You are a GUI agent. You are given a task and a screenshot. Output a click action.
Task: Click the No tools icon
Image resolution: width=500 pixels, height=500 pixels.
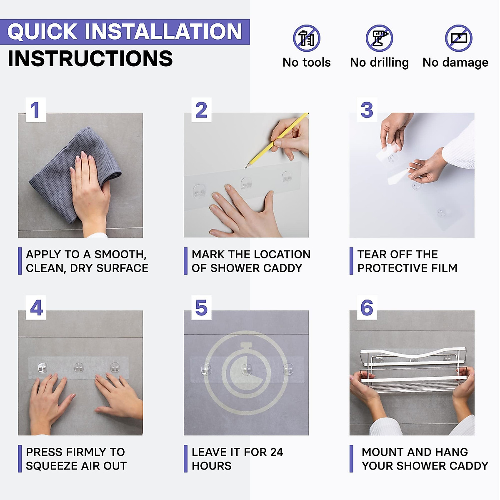click(x=307, y=38)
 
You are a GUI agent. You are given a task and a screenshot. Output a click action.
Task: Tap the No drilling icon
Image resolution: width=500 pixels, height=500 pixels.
click(x=379, y=38)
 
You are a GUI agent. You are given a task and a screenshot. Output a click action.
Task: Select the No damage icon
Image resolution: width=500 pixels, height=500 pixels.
click(x=458, y=38)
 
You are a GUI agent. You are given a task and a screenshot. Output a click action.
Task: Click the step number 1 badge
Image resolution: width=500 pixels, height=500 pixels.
click(x=36, y=110)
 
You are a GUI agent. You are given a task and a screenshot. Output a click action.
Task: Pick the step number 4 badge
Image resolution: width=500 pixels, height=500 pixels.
click(x=36, y=307)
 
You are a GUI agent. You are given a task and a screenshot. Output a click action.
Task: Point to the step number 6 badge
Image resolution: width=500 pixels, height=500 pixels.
click(x=367, y=307)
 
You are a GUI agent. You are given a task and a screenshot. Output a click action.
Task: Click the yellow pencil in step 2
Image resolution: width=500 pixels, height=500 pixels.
click(x=277, y=140)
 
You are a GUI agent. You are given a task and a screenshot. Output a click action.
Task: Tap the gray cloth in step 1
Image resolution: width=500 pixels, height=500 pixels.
click(x=75, y=174)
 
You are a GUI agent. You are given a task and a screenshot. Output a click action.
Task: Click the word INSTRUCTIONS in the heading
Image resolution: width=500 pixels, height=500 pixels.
click(x=90, y=58)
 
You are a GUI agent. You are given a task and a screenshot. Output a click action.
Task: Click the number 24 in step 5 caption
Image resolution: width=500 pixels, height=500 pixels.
click(x=277, y=452)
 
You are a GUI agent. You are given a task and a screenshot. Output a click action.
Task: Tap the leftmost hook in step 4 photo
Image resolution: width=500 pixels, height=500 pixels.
click(x=42, y=368)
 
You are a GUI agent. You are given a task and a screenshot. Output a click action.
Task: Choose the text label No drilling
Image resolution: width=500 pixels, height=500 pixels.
click(x=379, y=62)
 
